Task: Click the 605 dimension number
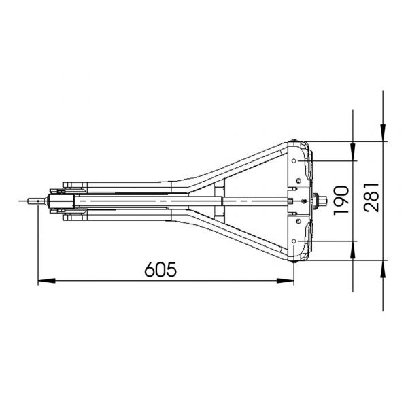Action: (x=160, y=269)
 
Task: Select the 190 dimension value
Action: (x=341, y=201)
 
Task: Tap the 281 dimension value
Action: (x=371, y=197)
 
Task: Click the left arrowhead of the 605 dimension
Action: (x=47, y=281)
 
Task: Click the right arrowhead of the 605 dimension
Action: (x=285, y=281)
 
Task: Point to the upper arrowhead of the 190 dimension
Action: (x=353, y=152)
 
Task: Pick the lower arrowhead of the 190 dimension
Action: (x=353, y=250)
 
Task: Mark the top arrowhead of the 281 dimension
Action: (x=383, y=133)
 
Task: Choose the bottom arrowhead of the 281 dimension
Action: (x=383, y=269)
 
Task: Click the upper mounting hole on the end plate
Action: (x=294, y=160)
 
